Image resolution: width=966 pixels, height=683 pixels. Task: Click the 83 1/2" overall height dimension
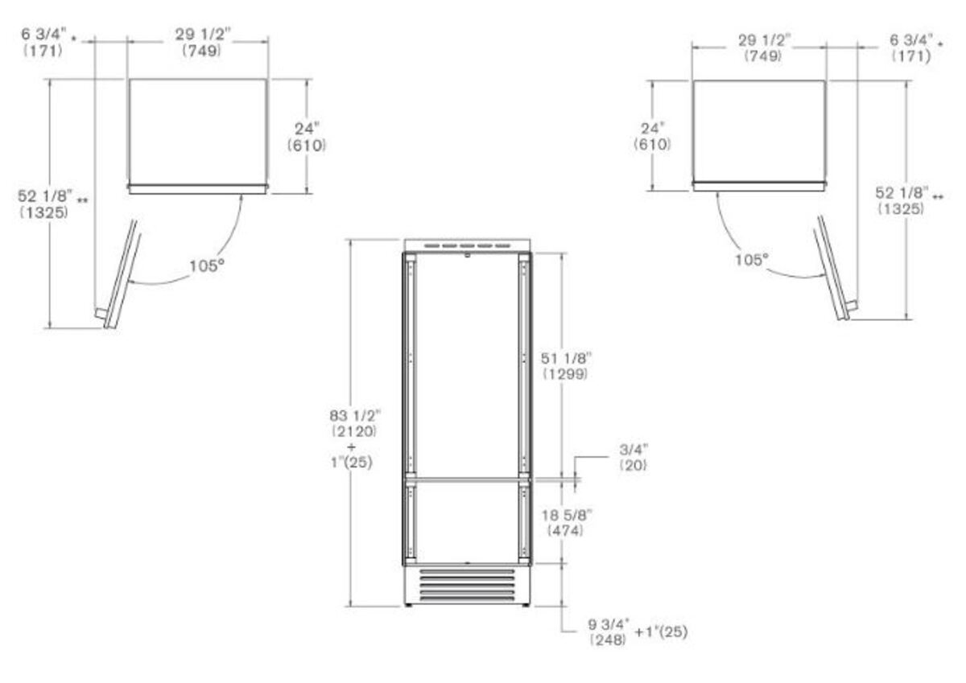(x=355, y=423)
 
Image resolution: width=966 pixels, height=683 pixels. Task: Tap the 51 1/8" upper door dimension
(x=566, y=366)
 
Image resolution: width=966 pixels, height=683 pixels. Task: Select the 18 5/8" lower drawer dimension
(x=566, y=523)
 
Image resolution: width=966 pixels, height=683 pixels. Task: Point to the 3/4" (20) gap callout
(x=634, y=458)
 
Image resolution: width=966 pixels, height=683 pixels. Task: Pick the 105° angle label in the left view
(x=207, y=265)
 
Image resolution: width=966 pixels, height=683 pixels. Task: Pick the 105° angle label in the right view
(x=752, y=260)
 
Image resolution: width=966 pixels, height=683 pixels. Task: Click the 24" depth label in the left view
(x=307, y=137)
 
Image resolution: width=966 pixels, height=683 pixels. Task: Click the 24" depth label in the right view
(x=652, y=136)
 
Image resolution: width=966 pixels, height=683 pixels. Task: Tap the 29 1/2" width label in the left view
(x=202, y=42)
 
